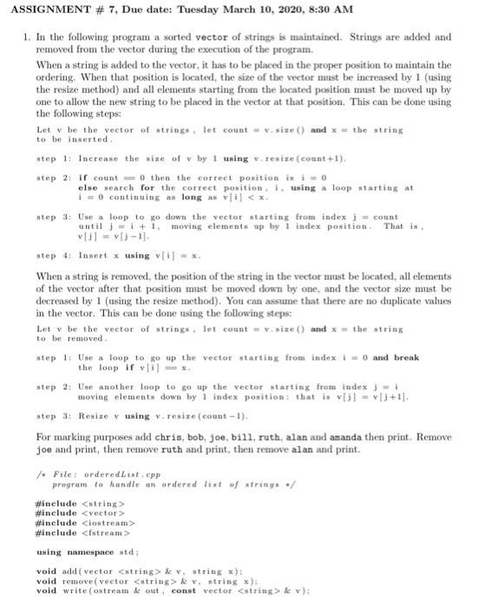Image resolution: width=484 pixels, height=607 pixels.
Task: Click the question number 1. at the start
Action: (28, 38)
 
